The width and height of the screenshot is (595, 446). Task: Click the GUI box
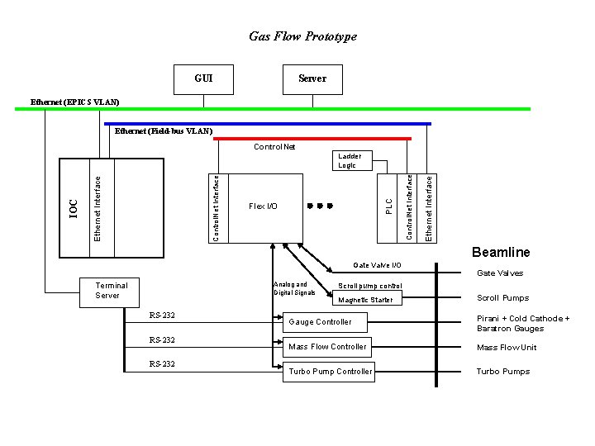[203, 78]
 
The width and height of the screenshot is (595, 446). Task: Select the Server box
[312, 78]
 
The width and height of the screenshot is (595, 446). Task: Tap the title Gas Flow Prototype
[303, 36]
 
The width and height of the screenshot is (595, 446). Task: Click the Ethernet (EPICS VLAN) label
[74, 102]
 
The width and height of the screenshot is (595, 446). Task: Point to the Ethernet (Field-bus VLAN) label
[163, 131]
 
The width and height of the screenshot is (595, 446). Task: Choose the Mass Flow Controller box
[326, 347]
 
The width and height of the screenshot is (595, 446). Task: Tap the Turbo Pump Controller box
[330, 372]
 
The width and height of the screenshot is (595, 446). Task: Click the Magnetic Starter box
[366, 300]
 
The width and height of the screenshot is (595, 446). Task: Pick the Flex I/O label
[263, 206]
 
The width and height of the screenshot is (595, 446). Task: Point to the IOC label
[73, 207]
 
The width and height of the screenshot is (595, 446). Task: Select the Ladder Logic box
[346, 160]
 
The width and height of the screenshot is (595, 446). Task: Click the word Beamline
[501, 253]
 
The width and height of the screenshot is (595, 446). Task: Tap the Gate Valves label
[500, 273]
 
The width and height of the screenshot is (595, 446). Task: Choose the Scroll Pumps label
[502, 298]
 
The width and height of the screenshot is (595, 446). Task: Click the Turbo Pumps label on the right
[502, 372]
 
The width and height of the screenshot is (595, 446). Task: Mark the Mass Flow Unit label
[507, 348]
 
